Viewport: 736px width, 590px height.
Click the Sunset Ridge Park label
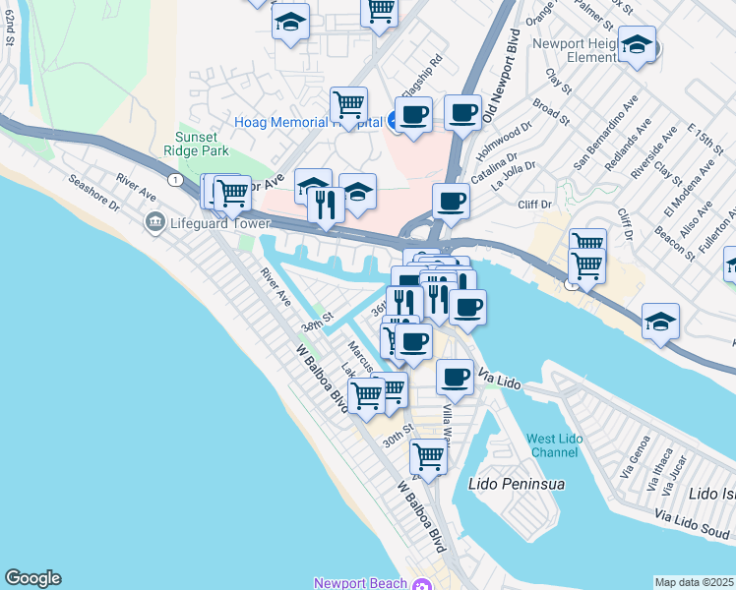pyautogui.click(x=202, y=144)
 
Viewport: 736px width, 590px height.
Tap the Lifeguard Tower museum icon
pyautogui.click(x=153, y=223)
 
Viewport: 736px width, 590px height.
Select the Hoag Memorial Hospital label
pyautogui.click(x=308, y=122)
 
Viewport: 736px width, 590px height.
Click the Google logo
pyautogui.click(x=32, y=578)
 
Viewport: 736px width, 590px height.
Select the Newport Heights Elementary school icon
pyautogui.click(x=638, y=45)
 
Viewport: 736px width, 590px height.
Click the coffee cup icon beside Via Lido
pyautogui.click(x=455, y=376)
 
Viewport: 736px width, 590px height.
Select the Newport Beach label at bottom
pyautogui.click(x=361, y=582)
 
